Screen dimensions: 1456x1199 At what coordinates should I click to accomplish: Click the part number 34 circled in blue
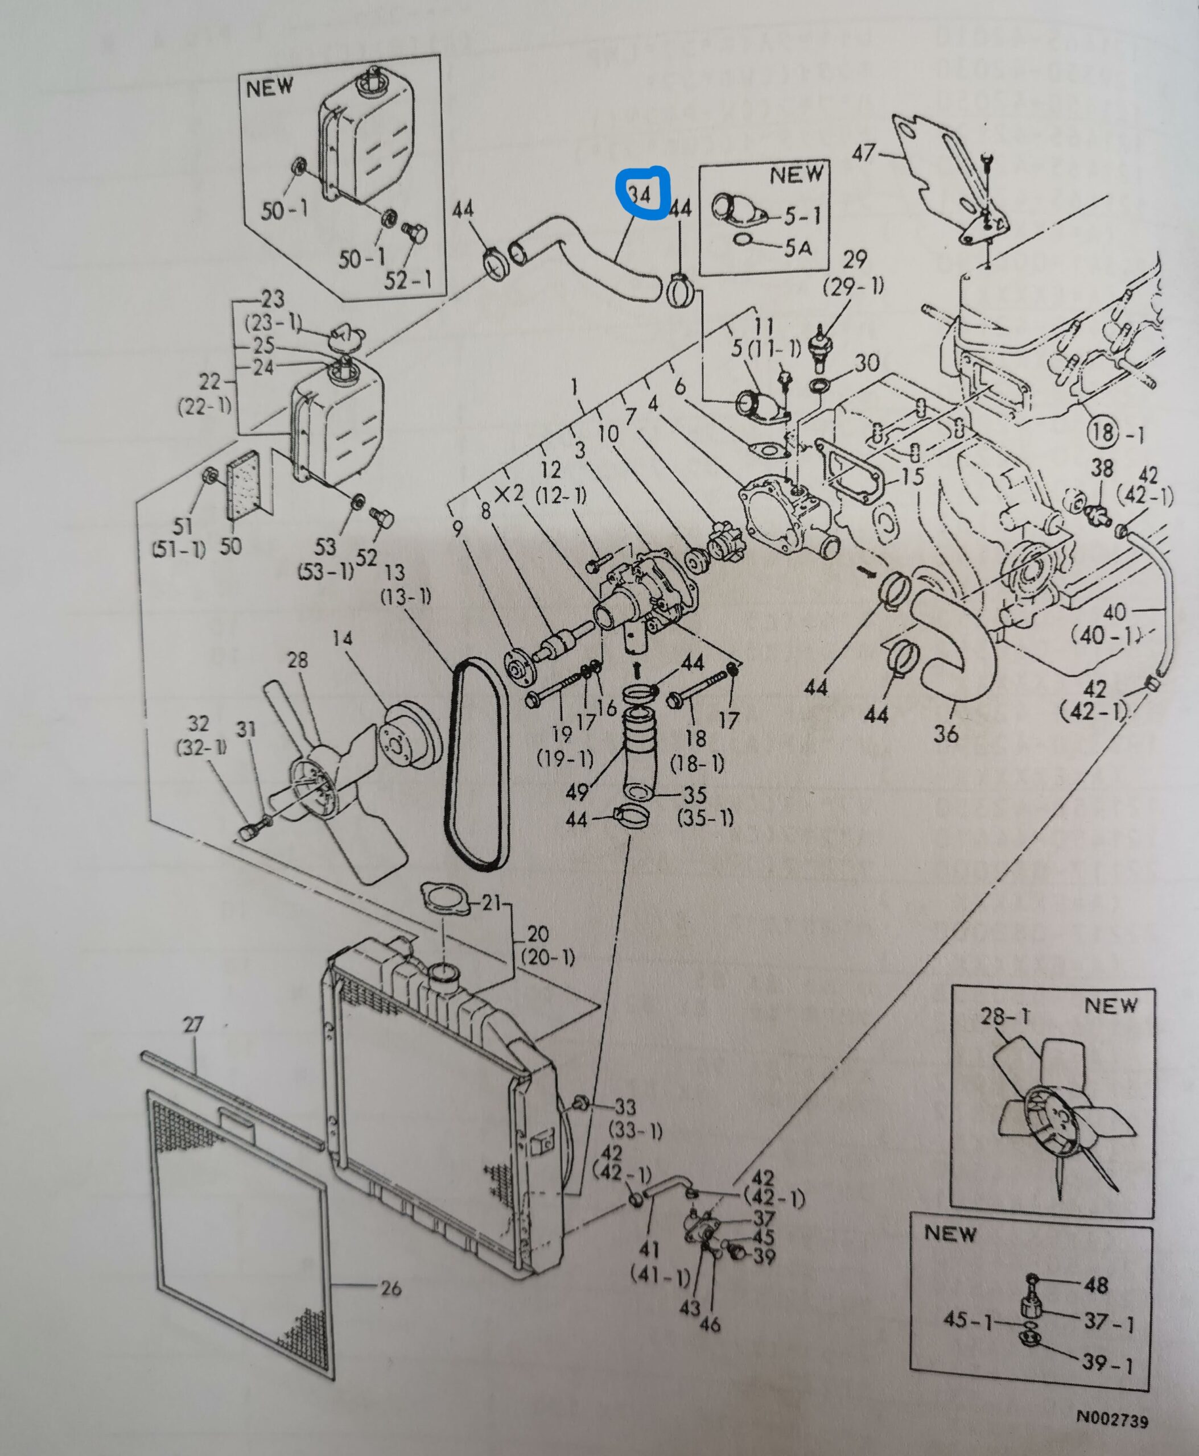tap(640, 194)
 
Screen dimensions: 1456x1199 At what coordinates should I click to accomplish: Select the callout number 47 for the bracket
tap(863, 152)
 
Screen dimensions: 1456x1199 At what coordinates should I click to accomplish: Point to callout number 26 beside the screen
tap(391, 1288)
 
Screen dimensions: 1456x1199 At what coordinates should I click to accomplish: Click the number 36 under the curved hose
tap(946, 733)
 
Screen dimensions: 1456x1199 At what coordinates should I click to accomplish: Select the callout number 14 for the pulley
tap(342, 638)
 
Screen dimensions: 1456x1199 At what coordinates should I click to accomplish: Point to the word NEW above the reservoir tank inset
tap(269, 88)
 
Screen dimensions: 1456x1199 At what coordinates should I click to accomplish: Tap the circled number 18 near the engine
tap(1103, 432)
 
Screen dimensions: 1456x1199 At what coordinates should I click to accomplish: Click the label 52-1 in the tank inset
tap(407, 280)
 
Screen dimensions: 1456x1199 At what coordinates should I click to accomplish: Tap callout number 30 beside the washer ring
tap(866, 363)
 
